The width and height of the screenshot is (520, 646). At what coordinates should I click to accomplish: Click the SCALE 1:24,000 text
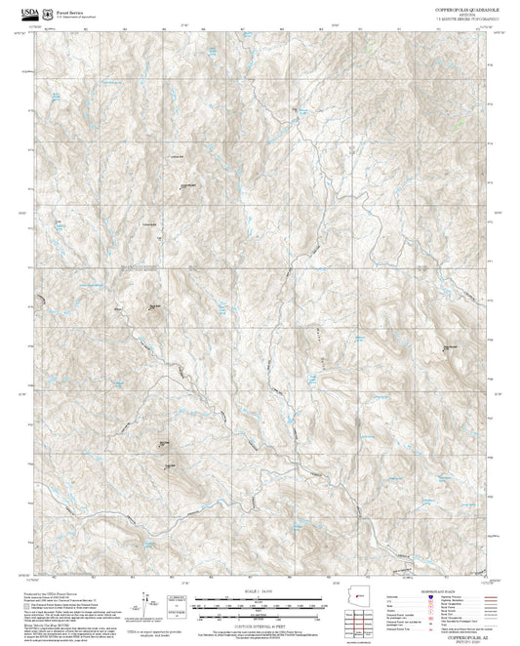point(259,592)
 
